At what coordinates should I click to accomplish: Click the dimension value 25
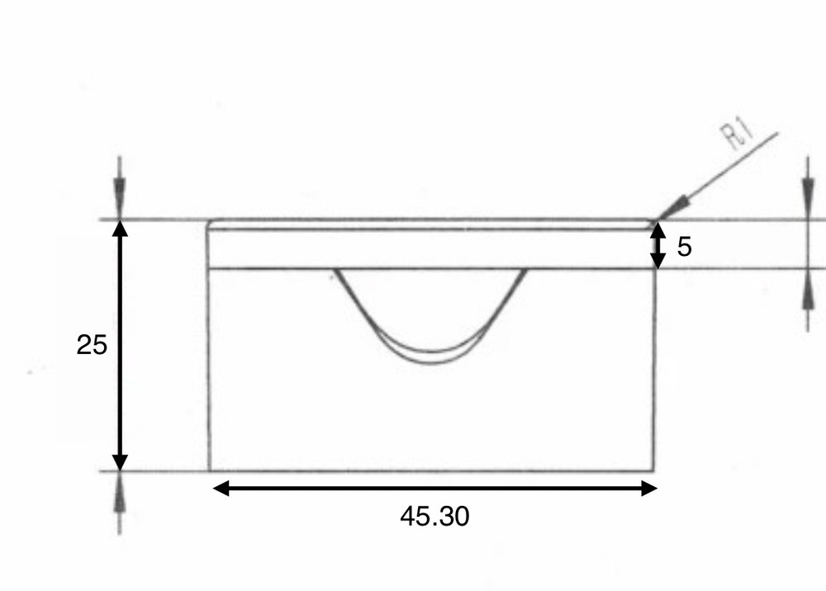pyautogui.click(x=92, y=345)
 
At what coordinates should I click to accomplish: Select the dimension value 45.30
pyautogui.click(x=434, y=516)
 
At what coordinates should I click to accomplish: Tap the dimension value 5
pyautogui.click(x=684, y=247)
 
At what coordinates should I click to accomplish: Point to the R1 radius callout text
pyautogui.click(x=737, y=135)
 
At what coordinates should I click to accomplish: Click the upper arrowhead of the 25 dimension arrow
pyautogui.click(x=120, y=230)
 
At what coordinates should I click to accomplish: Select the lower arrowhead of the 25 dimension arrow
pyautogui.click(x=120, y=461)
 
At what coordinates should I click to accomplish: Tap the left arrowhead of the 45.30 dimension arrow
pyautogui.click(x=221, y=489)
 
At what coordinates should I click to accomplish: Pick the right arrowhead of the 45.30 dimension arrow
pyautogui.click(x=648, y=489)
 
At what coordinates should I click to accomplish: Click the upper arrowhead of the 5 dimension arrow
pyautogui.click(x=657, y=231)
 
